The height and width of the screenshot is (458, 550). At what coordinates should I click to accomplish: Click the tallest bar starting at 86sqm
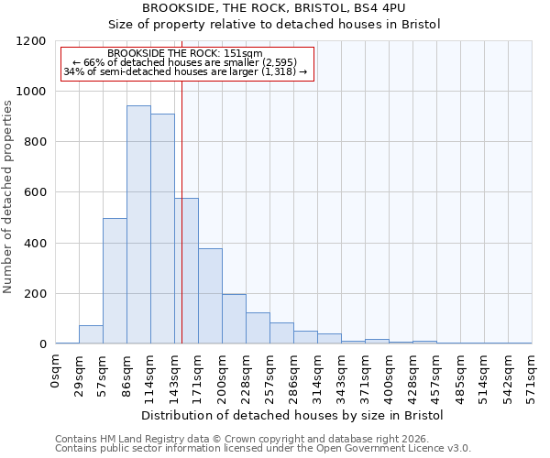(x=138, y=224)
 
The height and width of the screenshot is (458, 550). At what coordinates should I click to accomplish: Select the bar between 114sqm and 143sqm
(x=162, y=229)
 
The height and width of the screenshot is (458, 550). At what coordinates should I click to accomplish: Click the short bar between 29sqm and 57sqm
(x=91, y=334)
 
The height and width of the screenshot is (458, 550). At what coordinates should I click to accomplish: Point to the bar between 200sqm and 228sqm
(x=234, y=319)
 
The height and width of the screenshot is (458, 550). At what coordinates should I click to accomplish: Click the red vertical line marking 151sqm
(x=181, y=211)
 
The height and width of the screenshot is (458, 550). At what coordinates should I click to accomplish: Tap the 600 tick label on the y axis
(x=34, y=192)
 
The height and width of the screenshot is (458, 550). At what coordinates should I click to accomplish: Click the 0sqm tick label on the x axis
(x=56, y=370)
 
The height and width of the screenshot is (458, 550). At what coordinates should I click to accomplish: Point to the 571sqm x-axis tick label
(x=532, y=374)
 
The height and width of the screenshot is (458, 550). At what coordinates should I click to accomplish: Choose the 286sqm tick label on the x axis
(x=294, y=374)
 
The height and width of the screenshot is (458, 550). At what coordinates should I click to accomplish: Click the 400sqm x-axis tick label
(x=390, y=374)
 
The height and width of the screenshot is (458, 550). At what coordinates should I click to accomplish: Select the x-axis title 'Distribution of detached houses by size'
(x=293, y=416)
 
